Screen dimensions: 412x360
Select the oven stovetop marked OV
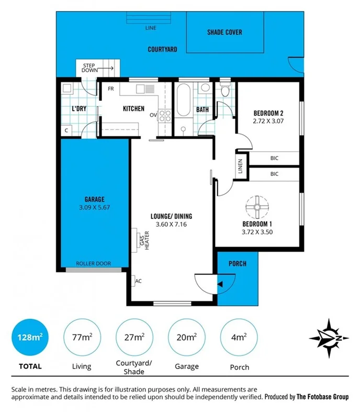click(165, 115)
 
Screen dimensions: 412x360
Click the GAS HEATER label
click(141, 241)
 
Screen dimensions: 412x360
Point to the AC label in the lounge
click(139, 281)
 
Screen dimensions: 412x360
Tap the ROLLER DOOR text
click(93, 264)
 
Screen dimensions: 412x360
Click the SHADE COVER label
click(224, 32)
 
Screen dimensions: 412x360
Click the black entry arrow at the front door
click(220, 284)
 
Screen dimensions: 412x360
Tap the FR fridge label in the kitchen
click(111, 88)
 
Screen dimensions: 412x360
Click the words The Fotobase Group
click(322, 397)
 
